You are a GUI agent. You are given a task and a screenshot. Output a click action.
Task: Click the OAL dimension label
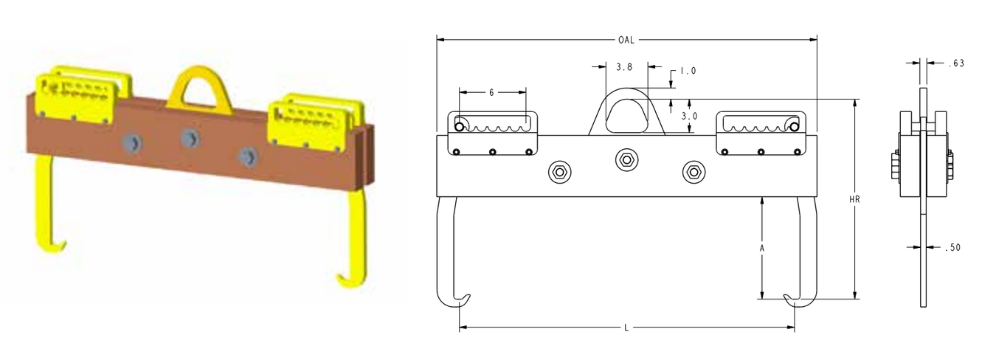click(x=626, y=40)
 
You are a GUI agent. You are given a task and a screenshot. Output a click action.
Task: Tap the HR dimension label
click(x=854, y=200)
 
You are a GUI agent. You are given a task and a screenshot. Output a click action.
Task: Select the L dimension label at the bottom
click(x=626, y=328)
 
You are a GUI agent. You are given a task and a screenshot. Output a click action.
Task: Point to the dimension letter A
click(x=761, y=249)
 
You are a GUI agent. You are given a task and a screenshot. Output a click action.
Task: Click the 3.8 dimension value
click(x=624, y=67)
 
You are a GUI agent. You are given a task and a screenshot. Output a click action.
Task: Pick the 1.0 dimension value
click(x=688, y=71)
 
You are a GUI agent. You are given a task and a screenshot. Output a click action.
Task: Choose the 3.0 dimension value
click(x=690, y=117)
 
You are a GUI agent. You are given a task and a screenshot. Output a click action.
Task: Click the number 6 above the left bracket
click(x=491, y=92)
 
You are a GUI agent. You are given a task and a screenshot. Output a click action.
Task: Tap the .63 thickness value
click(x=956, y=63)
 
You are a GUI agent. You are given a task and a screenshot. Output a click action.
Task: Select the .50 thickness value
click(x=952, y=248)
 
